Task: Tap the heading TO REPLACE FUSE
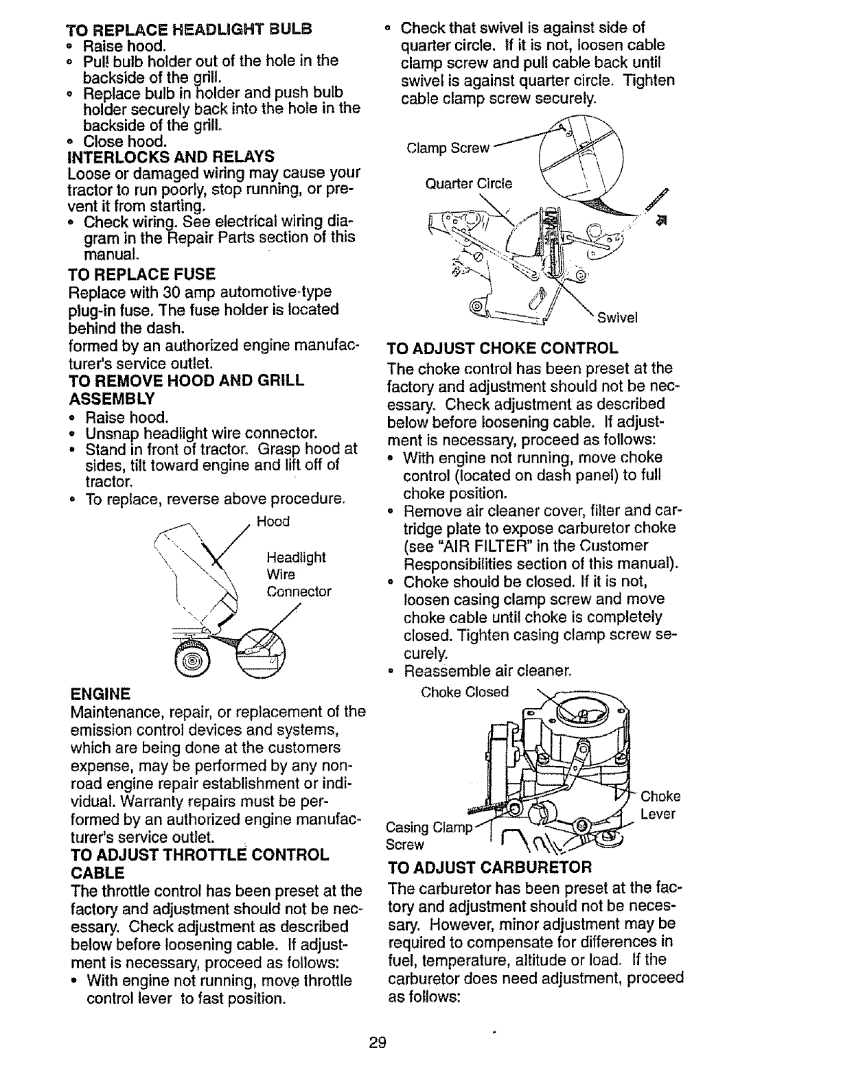coord(141,274)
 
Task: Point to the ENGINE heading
coord(100,692)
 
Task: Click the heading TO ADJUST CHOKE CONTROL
coord(503,348)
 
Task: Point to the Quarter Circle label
coord(469,184)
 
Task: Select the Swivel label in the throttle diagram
coord(618,318)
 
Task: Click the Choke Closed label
coord(465,692)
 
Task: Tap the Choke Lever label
coord(660,806)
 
